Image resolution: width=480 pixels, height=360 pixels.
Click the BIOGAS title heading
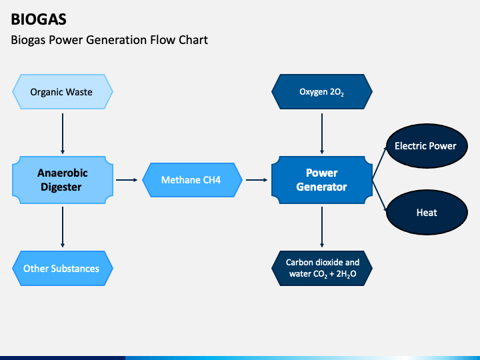pyautogui.click(x=39, y=19)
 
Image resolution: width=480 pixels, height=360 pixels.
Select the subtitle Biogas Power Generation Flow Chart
pyautogui.click(x=109, y=40)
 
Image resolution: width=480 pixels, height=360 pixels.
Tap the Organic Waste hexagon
pyautogui.click(x=63, y=91)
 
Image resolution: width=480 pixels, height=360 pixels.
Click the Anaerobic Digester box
pyautogui.click(x=63, y=180)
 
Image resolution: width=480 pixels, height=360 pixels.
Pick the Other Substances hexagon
pyautogui.click(x=63, y=269)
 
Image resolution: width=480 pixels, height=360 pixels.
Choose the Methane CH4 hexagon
pyautogui.click(x=192, y=180)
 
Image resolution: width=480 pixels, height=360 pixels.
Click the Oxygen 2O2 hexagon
pyautogui.click(x=322, y=91)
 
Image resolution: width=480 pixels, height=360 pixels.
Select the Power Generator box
pyautogui.click(x=322, y=180)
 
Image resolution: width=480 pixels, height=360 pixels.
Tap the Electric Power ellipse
pyautogui.click(x=427, y=146)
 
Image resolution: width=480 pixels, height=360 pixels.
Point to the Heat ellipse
pyautogui.click(x=427, y=213)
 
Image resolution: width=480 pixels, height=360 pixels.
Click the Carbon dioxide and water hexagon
pyautogui.click(x=322, y=269)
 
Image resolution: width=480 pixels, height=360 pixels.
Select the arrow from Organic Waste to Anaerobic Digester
pyautogui.click(x=63, y=133)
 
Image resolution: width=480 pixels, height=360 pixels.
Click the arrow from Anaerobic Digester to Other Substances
pyautogui.click(x=63, y=227)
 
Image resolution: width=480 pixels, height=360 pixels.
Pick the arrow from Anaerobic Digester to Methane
pyautogui.click(x=127, y=180)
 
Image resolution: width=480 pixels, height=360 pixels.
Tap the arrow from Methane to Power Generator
pyautogui.click(x=257, y=180)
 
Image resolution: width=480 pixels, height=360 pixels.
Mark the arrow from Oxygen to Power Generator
pyautogui.click(x=322, y=133)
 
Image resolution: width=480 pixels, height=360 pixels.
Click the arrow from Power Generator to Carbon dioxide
pyautogui.click(x=322, y=227)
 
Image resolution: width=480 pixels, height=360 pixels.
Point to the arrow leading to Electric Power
pyautogui.click(x=379, y=163)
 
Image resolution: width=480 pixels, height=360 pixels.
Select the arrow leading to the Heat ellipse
pyautogui.click(x=379, y=196)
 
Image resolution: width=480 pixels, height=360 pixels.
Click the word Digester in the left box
pyautogui.click(x=61, y=187)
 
